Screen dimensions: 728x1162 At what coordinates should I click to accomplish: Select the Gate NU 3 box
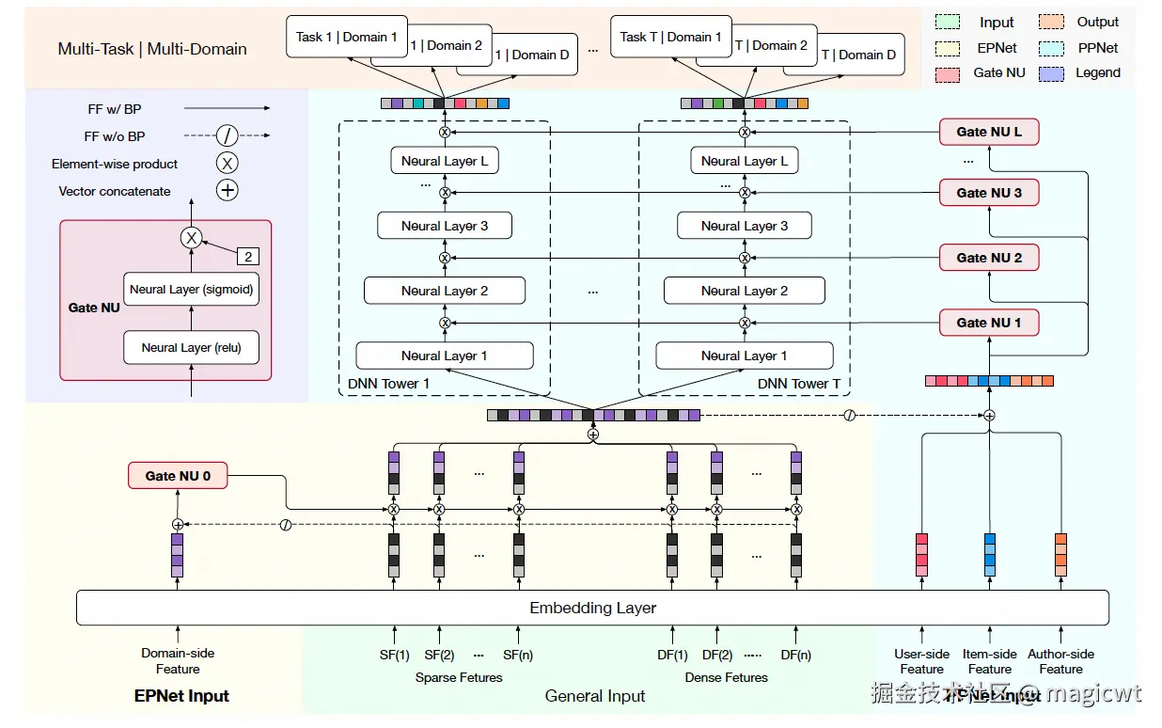tap(988, 193)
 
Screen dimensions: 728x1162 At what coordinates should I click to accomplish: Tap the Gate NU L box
tap(988, 133)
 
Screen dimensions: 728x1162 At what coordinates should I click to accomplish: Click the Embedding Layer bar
tap(592, 608)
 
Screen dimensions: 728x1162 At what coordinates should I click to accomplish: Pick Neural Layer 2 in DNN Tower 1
tap(444, 291)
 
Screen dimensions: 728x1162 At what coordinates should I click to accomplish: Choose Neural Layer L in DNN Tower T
tap(744, 161)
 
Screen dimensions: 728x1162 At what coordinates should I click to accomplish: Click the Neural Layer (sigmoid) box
tap(191, 290)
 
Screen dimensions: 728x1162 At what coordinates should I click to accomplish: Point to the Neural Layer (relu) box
tap(191, 347)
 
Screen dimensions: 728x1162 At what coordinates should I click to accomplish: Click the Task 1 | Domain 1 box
tap(346, 38)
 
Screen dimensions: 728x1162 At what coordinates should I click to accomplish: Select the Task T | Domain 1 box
tap(670, 38)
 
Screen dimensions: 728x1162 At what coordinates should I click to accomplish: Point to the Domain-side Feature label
tap(178, 661)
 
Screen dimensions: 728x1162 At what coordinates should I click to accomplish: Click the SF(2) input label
tap(439, 655)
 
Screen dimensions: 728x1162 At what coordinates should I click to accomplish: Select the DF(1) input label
tap(672, 655)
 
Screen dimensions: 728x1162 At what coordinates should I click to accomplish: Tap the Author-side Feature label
tap(1060, 661)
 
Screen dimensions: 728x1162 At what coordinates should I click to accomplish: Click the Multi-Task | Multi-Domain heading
tap(152, 49)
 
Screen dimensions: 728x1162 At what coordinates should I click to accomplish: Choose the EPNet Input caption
tap(181, 697)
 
